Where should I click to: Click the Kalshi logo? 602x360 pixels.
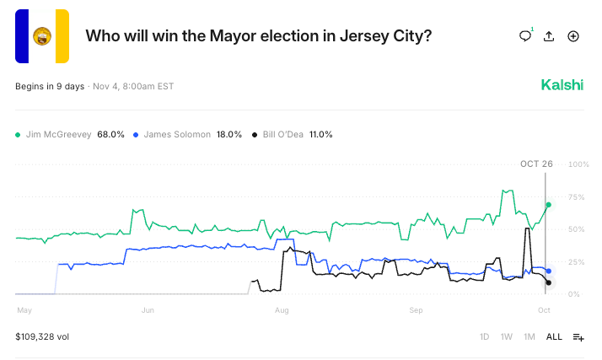(562, 85)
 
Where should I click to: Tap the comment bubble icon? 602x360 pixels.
(525, 36)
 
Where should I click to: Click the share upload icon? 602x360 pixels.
(549, 36)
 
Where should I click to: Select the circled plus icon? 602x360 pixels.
(573, 36)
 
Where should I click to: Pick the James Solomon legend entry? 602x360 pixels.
(188, 134)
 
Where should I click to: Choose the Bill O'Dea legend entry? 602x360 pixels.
(293, 134)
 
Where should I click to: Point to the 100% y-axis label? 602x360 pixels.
(578, 164)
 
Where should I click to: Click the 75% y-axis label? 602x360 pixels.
(578, 196)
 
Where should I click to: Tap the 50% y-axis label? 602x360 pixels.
(578, 229)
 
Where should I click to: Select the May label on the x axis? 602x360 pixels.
(24, 310)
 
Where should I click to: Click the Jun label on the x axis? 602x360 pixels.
(147, 310)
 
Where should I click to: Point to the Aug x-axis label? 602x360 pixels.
(282, 310)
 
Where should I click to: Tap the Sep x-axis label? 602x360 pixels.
(416, 310)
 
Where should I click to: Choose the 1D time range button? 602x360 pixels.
(484, 336)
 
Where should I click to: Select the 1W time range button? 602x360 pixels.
(507, 336)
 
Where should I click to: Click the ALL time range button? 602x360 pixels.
(554, 336)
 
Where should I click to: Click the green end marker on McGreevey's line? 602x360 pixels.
(549, 205)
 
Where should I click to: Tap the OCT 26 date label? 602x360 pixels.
(536, 164)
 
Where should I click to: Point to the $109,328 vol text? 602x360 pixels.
(42, 336)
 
